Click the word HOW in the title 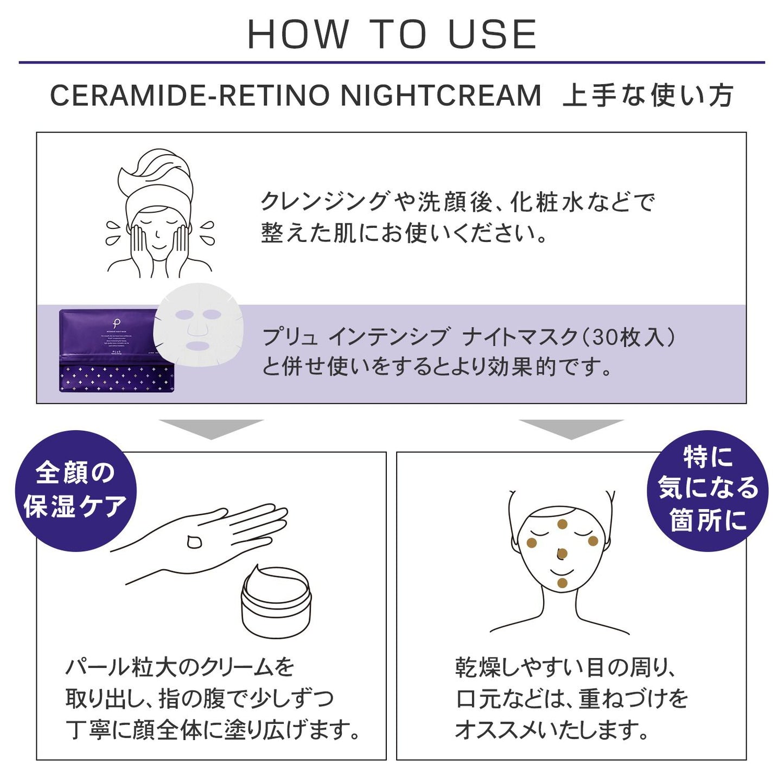click(x=298, y=35)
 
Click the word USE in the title click(x=492, y=35)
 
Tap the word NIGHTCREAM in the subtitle click(x=441, y=95)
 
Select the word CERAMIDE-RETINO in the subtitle click(x=190, y=95)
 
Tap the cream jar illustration click(x=276, y=602)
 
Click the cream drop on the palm click(x=194, y=541)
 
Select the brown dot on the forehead click(x=562, y=524)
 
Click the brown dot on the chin click(x=562, y=583)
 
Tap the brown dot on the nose click(x=562, y=554)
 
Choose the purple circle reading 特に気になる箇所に click(x=707, y=490)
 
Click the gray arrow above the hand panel click(x=211, y=428)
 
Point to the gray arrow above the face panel click(x=571, y=428)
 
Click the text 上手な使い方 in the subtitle click(x=648, y=95)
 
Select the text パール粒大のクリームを click(x=180, y=667)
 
